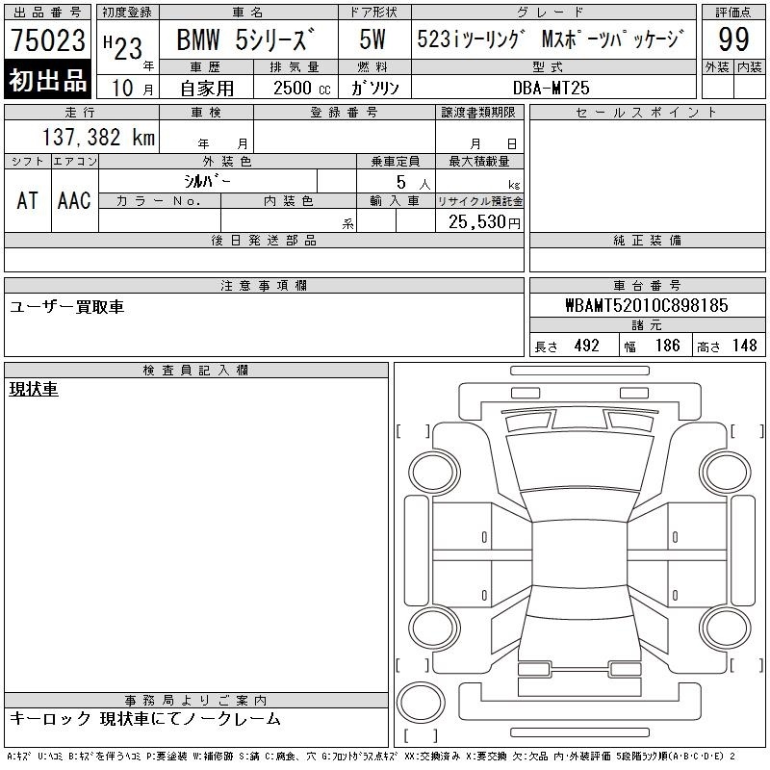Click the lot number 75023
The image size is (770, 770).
(x=48, y=40)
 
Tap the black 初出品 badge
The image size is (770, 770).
(x=47, y=80)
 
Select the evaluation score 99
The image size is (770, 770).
(x=733, y=39)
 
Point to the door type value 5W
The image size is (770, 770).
(x=372, y=39)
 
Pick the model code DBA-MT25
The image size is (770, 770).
(x=551, y=88)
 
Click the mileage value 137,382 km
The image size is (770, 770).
(x=98, y=137)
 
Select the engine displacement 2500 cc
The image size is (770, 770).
(x=301, y=89)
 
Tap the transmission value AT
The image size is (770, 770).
(x=27, y=200)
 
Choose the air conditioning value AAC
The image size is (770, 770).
(x=74, y=200)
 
